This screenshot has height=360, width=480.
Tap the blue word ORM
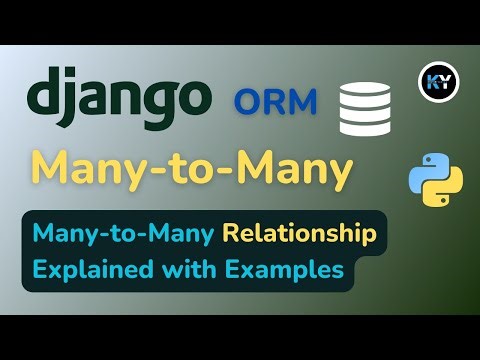(274, 101)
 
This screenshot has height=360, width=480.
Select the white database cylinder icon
(364, 111)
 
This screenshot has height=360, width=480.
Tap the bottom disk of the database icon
(364, 129)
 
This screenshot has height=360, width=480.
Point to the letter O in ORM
(248, 101)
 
